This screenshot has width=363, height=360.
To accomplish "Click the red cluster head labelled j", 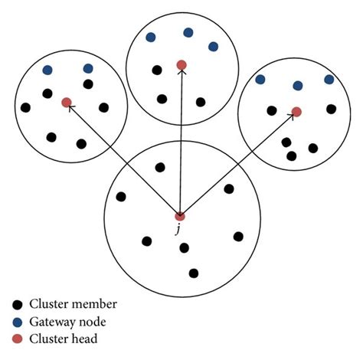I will click(179, 215).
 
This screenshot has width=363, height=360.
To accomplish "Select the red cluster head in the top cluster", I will click(181, 65).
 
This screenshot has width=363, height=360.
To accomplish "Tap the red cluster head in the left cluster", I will click(67, 102).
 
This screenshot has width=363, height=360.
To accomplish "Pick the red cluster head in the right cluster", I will click(296, 112).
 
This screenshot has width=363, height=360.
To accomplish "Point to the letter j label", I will click(178, 229).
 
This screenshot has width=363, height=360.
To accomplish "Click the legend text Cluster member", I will click(74, 304).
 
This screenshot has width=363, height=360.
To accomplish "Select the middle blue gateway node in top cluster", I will click(188, 32).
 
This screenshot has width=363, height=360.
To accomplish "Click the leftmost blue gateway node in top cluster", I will click(151, 36).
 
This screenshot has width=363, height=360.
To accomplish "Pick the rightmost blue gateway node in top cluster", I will click(213, 46).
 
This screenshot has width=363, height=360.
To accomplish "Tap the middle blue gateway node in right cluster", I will click(298, 85).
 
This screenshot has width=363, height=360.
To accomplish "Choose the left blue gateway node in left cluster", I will click(47, 70).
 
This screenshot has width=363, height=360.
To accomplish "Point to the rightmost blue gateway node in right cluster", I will click(329, 79).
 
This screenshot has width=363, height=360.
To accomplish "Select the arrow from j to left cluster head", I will click(123, 159).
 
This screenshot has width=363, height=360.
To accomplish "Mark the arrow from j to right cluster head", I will click(237, 164).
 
